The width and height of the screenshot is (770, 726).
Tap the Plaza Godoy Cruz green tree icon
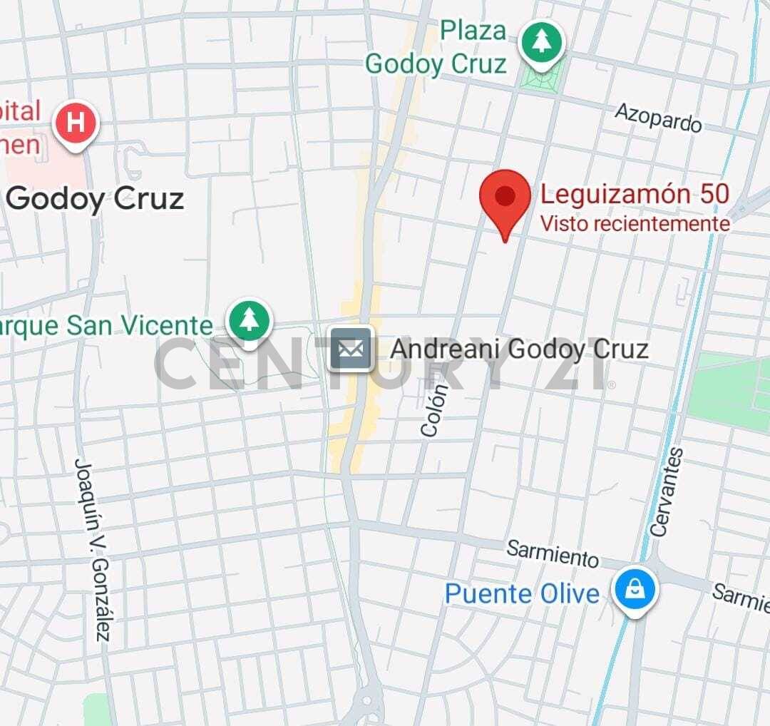542,42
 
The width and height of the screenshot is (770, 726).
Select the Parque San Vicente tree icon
249,320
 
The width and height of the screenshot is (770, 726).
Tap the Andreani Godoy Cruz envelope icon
351,349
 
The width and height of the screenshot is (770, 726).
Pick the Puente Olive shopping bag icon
633,589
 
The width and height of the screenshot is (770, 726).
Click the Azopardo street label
658,117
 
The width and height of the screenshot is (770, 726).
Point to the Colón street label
434,411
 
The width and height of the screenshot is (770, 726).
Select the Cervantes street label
667,492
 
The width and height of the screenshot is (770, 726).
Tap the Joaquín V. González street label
92,549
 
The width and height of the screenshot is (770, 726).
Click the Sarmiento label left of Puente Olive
553,553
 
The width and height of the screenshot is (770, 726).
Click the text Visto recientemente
635,224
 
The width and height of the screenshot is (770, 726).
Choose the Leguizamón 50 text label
635,194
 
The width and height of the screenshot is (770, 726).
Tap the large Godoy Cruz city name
96,199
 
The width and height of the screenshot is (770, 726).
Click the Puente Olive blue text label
522,593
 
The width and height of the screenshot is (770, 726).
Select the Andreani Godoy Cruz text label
519,349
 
